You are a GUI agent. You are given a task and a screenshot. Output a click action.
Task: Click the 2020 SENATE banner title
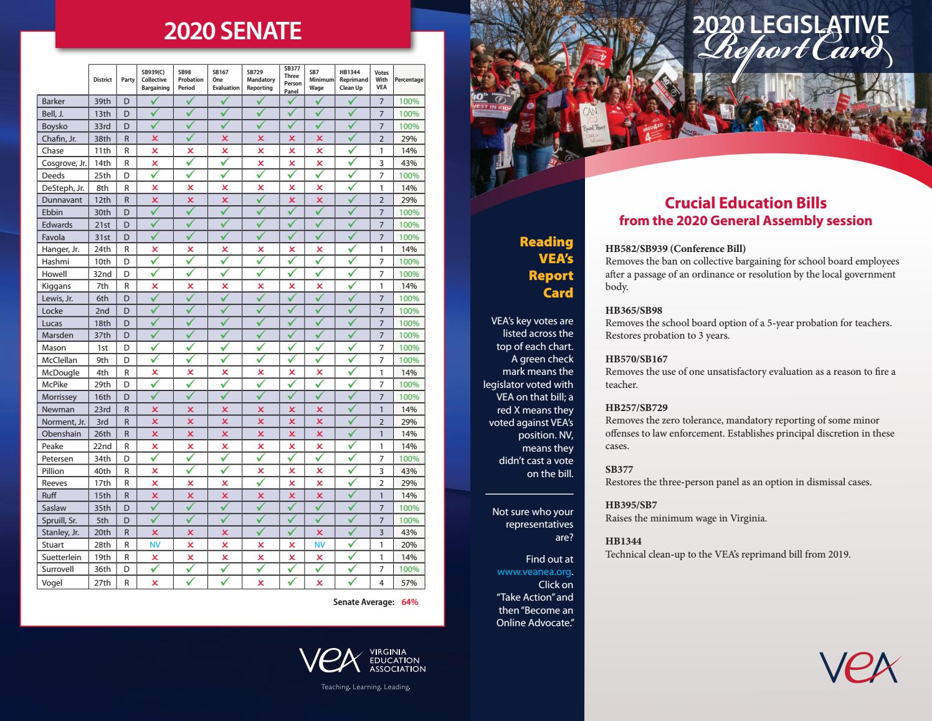tap(232, 31)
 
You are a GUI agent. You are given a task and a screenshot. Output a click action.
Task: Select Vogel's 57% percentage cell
tap(409, 583)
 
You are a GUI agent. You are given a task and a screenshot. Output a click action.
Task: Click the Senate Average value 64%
tap(409, 602)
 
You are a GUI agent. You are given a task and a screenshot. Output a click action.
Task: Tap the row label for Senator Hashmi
tap(55, 261)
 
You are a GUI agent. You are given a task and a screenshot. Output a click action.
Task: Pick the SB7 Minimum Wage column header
tap(319, 80)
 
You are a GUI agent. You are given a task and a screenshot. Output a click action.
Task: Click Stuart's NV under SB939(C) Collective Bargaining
tap(155, 544)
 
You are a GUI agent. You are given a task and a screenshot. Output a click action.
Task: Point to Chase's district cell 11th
tap(102, 150)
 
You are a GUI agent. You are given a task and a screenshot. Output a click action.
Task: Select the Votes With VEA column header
tap(381, 80)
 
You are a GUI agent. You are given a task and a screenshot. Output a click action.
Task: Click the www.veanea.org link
tap(533, 572)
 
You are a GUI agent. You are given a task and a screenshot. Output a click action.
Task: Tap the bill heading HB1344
tap(623, 541)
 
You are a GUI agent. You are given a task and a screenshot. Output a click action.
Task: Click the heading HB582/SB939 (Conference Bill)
tap(675, 248)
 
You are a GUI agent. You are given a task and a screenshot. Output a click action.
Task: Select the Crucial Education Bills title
tap(745, 203)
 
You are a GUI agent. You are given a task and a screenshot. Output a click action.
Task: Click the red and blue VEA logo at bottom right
tap(860, 667)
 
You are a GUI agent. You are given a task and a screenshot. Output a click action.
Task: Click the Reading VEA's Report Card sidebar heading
tap(546, 267)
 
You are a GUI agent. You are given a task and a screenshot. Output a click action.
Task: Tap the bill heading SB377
tap(619, 469)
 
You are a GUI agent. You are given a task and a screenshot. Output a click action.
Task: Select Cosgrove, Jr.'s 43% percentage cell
tap(409, 163)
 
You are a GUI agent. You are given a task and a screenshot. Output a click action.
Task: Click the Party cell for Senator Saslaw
tap(126, 508)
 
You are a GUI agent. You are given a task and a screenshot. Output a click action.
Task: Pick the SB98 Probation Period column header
tap(190, 80)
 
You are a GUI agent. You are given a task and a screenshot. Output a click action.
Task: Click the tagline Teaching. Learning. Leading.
tap(365, 687)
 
